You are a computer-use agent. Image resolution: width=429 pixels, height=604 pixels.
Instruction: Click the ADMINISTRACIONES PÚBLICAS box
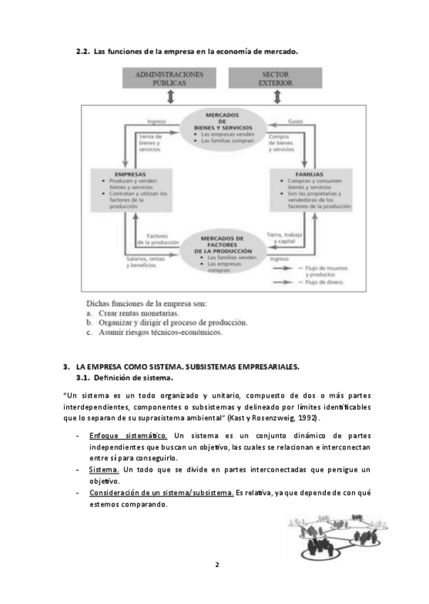[x=169, y=78]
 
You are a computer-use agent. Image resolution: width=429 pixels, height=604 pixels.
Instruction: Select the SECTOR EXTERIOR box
[x=275, y=78]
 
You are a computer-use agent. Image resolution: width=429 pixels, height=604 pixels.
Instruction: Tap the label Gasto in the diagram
[x=295, y=122]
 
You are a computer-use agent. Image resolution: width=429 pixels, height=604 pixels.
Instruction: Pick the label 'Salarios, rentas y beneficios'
[x=147, y=262]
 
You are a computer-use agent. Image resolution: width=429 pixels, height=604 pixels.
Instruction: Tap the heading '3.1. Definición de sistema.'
[x=125, y=377]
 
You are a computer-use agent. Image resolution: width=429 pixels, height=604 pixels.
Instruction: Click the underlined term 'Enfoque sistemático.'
[x=128, y=434]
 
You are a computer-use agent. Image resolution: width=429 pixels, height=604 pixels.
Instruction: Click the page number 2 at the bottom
[x=216, y=565]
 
